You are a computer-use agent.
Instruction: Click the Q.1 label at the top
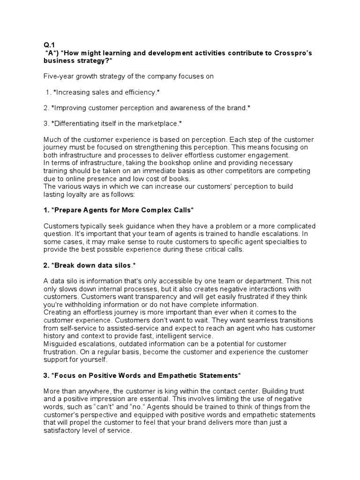tap(49, 45)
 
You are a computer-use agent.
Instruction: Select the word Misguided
tap(60, 344)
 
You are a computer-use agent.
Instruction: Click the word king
tap(173, 391)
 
